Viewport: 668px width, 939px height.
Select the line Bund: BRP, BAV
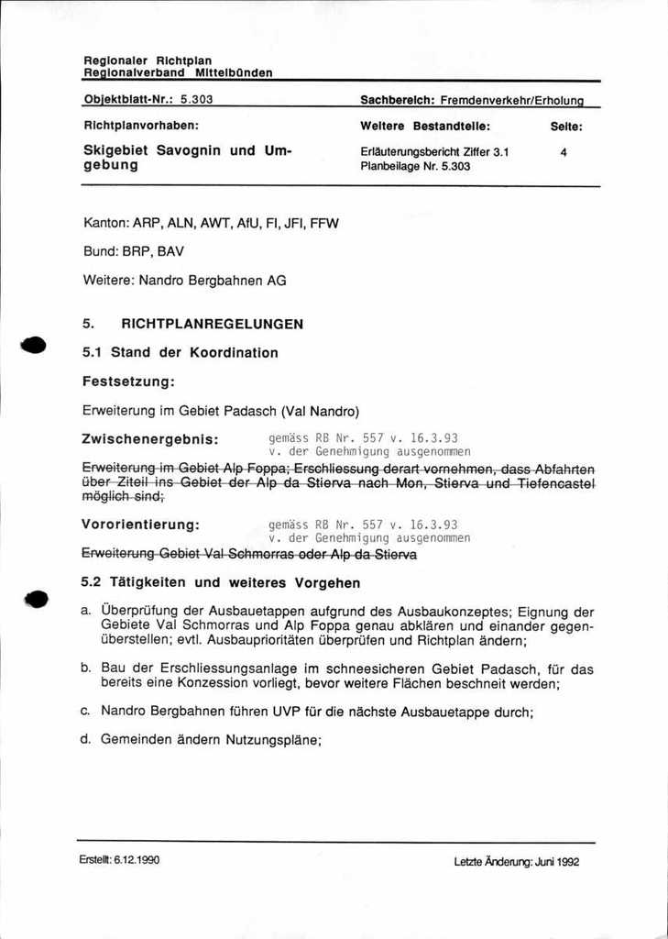pos(139,251)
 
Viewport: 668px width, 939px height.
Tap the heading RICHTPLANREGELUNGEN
pos(212,324)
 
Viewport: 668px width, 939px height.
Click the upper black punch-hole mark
pos(34,345)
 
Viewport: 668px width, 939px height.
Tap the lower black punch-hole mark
pos(36,599)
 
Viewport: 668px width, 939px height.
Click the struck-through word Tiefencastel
pos(555,483)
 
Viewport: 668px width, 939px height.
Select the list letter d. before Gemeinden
pos(86,738)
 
